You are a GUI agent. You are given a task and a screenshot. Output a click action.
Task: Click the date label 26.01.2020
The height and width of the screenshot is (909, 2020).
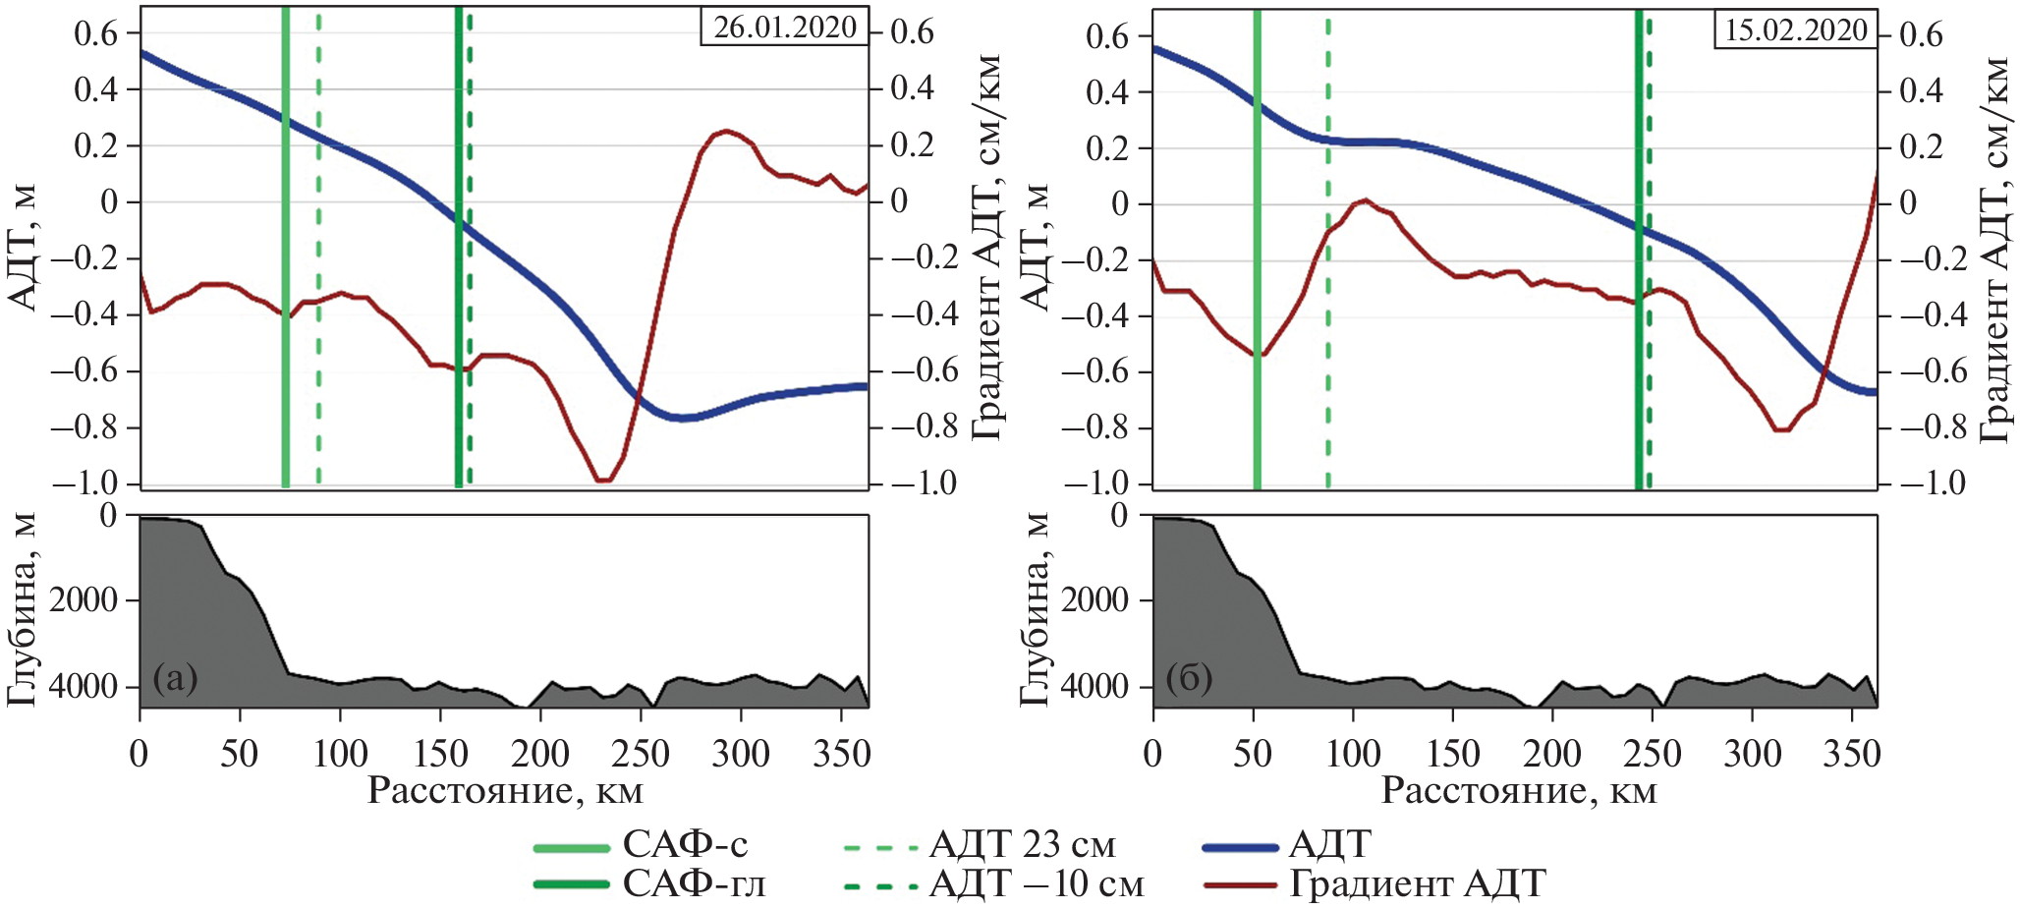click(784, 27)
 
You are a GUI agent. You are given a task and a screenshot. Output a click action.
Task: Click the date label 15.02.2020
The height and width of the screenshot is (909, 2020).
click(1795, 29)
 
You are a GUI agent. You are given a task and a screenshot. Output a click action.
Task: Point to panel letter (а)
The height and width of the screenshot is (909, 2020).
click(176, 677)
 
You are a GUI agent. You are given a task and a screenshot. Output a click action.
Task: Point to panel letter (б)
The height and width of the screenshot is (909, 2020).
click(1189, 677)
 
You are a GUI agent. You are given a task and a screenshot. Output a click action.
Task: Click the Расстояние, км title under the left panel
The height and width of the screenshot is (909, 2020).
click(505, 791)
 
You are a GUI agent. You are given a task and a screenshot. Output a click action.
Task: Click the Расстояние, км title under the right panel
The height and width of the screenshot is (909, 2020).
click(1519, 791)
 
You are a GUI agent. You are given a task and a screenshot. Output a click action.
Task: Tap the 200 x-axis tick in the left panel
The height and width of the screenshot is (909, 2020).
click(540, 755)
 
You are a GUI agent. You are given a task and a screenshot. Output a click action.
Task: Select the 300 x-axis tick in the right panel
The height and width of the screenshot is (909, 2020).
click(1753, 755)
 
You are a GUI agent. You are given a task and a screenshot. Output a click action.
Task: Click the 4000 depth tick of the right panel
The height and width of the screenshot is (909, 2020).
click(1095, 685)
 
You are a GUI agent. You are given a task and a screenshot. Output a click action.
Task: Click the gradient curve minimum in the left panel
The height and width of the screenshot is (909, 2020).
click(603, 480)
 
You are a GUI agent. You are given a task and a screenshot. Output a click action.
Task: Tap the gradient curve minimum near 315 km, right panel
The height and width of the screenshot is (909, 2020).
click(1782, 429)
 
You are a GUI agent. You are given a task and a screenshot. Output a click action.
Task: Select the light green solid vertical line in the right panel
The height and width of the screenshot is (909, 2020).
click(1257, 246)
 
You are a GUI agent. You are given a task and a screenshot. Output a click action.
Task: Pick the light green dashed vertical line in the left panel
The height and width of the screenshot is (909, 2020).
click(318, 246)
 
